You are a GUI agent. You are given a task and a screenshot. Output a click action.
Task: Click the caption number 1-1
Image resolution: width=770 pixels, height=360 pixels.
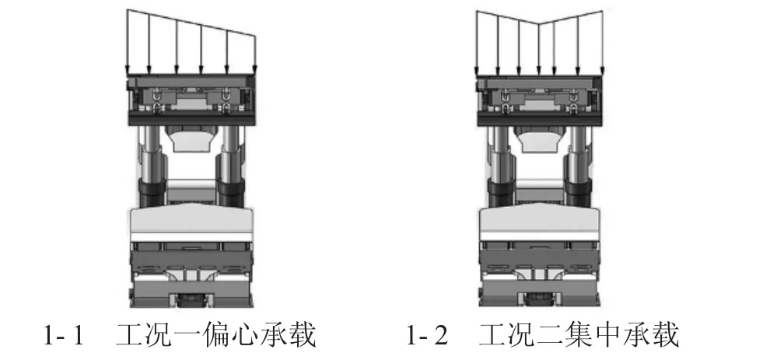pos(64,335)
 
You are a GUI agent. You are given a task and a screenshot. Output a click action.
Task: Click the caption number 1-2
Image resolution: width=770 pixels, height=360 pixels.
pos(427,335)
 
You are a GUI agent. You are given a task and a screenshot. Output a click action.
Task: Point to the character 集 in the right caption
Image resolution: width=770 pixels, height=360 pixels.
pos(582,335)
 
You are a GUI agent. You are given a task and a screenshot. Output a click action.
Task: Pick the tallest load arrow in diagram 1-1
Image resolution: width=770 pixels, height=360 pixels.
pos(128,41)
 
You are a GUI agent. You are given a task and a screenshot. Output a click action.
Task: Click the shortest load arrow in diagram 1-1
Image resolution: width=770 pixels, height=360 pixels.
pos(255,55)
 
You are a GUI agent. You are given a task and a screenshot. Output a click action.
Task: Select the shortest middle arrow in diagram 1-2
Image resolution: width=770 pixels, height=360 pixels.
pos(539,49)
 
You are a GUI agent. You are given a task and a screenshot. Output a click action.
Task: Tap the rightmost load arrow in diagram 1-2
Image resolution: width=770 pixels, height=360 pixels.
pos(602,43)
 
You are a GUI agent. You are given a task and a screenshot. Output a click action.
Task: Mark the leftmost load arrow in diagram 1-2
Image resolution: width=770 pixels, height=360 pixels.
pos(476,43)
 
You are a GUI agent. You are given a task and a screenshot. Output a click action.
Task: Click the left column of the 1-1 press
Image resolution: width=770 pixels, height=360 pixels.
pos(152,166)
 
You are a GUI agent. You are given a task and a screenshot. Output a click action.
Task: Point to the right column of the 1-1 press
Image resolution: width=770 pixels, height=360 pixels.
pos(231,166)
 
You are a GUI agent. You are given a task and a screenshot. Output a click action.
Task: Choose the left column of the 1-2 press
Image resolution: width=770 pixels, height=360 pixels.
pos(501,166)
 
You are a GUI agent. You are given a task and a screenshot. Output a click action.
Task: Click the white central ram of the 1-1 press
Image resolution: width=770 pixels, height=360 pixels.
pos(192,138)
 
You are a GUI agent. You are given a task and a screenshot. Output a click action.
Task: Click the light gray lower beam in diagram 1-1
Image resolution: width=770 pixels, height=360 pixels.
pos(191,222)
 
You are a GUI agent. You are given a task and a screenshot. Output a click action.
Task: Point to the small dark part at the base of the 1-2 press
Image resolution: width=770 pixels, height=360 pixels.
pos(539,299)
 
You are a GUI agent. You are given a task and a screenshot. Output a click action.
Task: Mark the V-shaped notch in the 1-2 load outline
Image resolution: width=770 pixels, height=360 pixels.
pos(539,23)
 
